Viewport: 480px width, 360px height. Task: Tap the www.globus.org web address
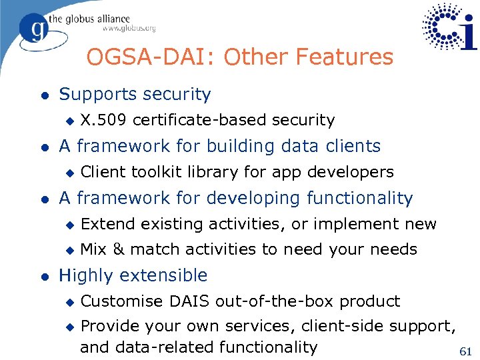(x=128, y=29)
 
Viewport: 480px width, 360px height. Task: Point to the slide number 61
(x=466, y=351)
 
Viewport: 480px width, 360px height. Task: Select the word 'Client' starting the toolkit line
(x=103, y=172)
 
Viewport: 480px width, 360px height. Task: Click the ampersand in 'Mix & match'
(x=118, y=249)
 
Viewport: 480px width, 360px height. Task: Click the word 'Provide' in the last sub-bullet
(x=109, y=327)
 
